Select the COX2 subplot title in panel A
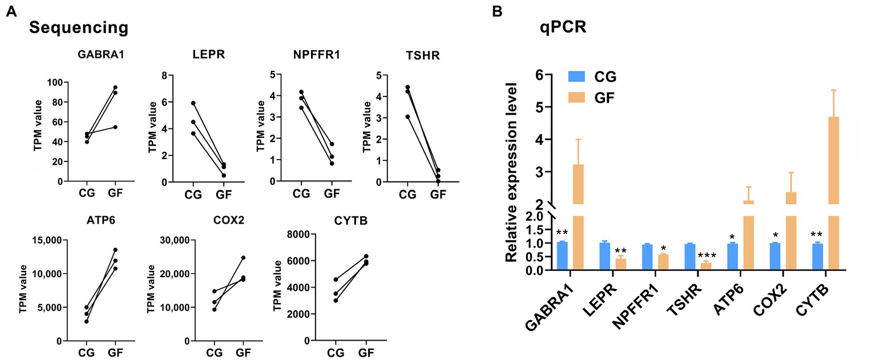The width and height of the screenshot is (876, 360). (x=231, y=220)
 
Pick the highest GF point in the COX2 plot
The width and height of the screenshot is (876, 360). (x=243, y=258)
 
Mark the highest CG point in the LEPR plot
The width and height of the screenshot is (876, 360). (x=193, y=103)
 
